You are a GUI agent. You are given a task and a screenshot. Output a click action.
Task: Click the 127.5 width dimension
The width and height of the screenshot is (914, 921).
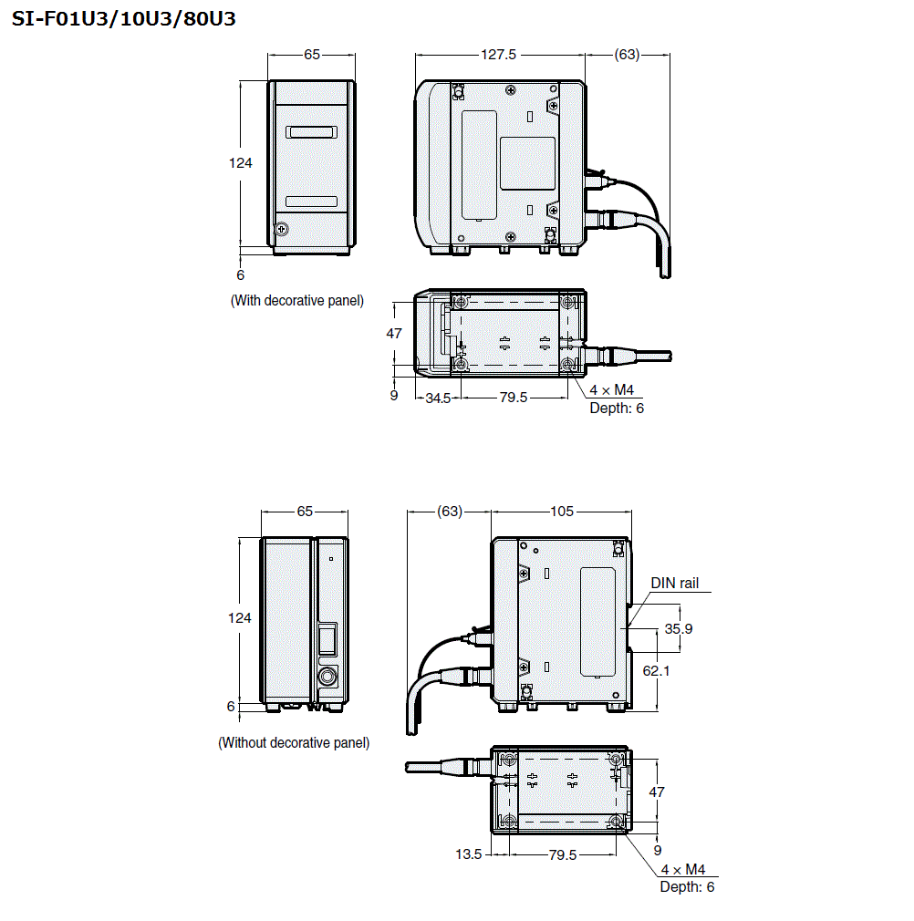[499, 55]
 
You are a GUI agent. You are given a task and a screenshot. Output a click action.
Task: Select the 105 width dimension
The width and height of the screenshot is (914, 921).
[562, 512]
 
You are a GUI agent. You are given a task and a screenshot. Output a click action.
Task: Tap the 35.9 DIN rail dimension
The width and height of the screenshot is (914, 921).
[678, 629]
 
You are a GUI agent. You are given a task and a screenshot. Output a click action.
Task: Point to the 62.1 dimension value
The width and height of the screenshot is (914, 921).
[678, 670]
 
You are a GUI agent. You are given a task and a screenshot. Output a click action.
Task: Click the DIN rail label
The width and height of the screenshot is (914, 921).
[675, 583]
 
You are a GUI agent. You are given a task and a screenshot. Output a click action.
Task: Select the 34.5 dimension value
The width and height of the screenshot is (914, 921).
[438, 398]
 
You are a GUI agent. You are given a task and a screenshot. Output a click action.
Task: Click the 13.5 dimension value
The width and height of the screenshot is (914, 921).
[468, 854]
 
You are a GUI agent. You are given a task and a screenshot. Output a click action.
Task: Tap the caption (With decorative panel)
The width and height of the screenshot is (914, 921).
[296, 300]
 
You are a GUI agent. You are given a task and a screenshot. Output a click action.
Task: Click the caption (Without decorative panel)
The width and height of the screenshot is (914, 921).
[294, 743]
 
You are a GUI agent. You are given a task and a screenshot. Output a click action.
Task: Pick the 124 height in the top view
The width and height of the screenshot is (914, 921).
[240, 163]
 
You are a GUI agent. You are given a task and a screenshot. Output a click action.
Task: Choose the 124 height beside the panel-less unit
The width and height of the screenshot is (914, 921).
[239, 618]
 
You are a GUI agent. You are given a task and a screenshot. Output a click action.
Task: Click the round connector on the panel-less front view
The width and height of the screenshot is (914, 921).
[327, 676]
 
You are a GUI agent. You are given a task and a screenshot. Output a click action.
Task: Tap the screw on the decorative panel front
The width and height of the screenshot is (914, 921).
[283, 228]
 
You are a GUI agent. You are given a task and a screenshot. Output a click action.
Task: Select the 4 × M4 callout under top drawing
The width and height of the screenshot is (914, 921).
[611, 390]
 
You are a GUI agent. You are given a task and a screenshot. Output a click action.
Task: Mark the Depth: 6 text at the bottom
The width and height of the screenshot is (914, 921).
[687, 887]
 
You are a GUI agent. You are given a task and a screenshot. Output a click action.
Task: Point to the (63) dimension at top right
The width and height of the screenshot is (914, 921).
[627, 55]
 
